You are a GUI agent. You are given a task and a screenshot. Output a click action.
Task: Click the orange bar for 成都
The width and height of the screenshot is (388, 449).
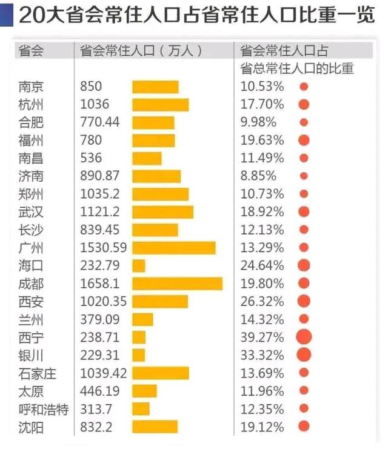(178, 284)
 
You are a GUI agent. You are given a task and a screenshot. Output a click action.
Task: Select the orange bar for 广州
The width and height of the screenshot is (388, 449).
(174, 248)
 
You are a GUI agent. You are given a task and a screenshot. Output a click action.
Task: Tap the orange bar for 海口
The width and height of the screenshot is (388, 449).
(139, 266)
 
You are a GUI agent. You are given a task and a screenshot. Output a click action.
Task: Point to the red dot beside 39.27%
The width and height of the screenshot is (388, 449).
(304, 337)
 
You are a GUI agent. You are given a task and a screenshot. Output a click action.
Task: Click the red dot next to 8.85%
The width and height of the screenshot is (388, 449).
(304, 176)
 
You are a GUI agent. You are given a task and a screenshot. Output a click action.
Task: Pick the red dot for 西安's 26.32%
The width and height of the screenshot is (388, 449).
(304, 301)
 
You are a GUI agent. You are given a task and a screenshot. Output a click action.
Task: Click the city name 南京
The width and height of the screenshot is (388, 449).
(31, 87)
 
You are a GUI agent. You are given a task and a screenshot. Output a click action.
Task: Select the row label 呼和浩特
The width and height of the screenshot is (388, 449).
(44, 409)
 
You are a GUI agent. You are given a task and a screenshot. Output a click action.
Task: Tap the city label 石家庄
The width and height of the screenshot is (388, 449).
(37, 373)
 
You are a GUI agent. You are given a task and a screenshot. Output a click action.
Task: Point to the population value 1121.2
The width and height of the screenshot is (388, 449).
(99, 212)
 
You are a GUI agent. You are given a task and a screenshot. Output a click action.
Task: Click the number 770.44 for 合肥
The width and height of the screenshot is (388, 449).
(99, 122)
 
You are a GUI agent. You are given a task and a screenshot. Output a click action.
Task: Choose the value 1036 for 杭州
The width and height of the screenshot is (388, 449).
(95, 104)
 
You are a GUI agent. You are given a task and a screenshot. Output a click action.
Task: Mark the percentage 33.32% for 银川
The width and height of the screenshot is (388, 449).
(262, 355)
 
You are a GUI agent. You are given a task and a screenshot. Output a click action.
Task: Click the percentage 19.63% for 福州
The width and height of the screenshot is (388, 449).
(262, 141)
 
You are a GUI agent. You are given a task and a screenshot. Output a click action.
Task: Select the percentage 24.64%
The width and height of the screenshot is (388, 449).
(262, 265)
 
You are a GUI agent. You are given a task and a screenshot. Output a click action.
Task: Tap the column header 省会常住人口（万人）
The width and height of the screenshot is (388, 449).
(141, 51)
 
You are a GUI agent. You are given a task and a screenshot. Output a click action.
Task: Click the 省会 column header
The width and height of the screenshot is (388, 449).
(31, 51)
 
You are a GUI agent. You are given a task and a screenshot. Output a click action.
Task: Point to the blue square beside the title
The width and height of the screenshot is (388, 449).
(7, 16)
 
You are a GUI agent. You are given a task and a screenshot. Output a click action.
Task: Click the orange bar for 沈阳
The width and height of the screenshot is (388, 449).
(155, 427)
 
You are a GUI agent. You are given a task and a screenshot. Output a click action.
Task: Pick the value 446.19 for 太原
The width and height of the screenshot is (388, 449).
(99, 391)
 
